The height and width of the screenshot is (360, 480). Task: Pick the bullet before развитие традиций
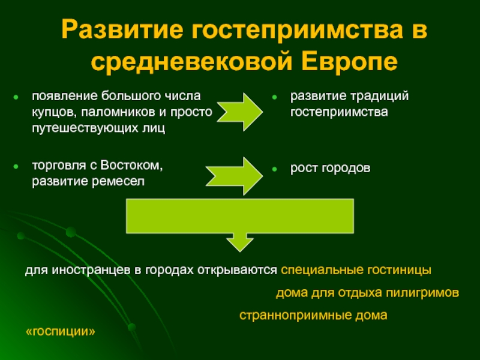click(x=275, y=96)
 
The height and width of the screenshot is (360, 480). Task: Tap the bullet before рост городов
click(x=275, y=170)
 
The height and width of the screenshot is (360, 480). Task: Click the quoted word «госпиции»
click(x=62, y=332)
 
